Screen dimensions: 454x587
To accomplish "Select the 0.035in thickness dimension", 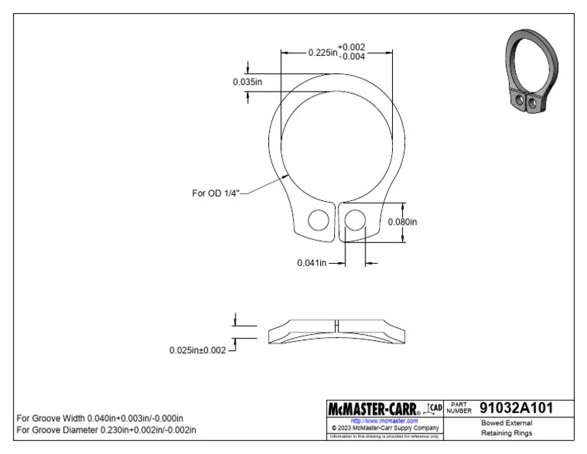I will (248, 82).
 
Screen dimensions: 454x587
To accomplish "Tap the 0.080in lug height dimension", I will (403, 222).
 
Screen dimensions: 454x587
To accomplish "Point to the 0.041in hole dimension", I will (312, 263).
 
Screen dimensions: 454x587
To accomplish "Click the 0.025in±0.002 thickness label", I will (198, 350).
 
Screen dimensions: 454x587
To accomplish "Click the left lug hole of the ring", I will (317, 221).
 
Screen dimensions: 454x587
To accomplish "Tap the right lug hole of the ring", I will (353, 221).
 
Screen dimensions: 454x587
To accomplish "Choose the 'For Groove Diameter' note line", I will (106, 430).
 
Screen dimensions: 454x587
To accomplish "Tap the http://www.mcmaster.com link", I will (384, 421).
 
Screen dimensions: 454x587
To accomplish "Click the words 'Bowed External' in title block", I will (507, 423).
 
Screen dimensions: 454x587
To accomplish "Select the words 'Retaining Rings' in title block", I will (507, 433).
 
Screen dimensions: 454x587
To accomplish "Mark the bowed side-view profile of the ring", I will (336, 330).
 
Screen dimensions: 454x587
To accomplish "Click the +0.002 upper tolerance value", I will (352, 47).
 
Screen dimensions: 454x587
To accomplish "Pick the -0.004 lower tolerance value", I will (352, 57).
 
